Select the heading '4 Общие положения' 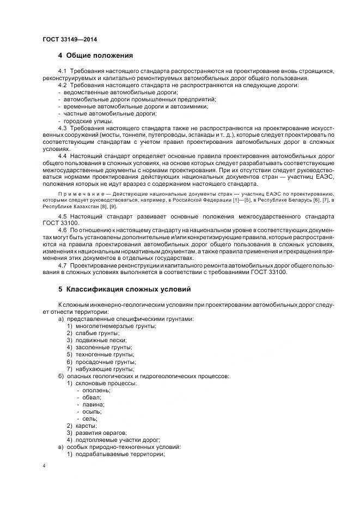pyautogui.click(x=95, y=56)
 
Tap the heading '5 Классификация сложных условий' pyautogui.click(x=124, y=289)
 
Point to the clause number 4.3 pyautogui.click(x=62, y=127)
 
